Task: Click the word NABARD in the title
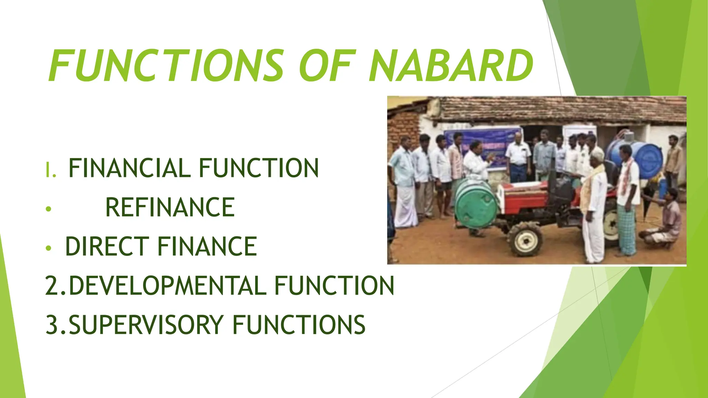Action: tap(451, 66)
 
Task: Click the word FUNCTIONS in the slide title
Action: tap(166, 66)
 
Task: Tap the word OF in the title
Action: tap(327, 66)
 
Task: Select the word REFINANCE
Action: tap(170, 207)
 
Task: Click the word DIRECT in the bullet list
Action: tap(107, 247)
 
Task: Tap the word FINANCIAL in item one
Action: tap(130, 168)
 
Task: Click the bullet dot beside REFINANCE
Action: tap(49, 209)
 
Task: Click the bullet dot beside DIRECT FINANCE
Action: tap(49, 248)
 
